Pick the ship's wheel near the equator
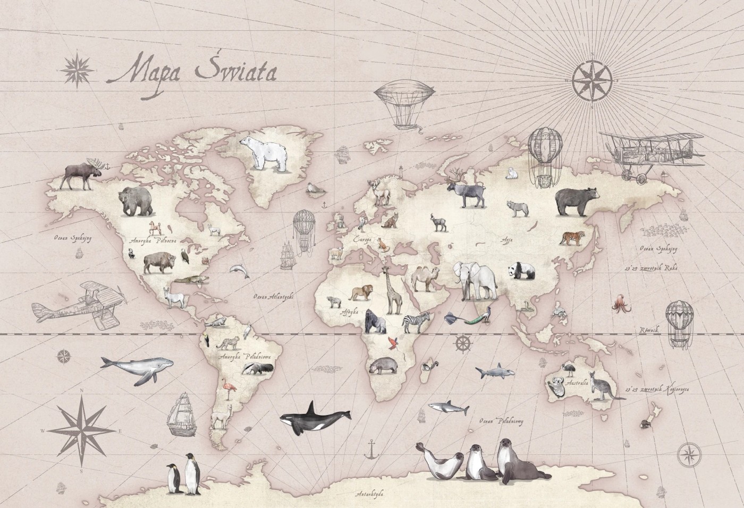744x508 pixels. (463, 344)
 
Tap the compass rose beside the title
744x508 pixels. (78, 67)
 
